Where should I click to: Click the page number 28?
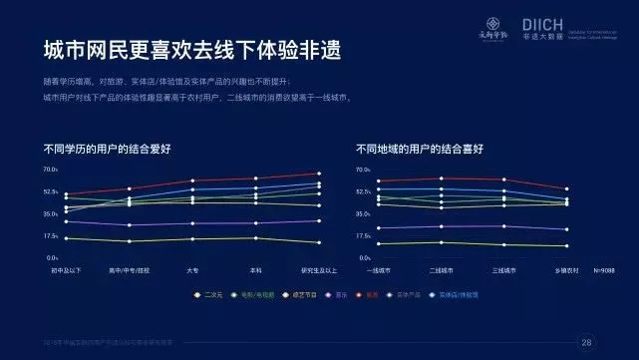[586, 342]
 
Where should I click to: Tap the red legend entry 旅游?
[372, 294]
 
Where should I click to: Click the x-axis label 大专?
[192, 270]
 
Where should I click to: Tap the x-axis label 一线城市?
[378, 270]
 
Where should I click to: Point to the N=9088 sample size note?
[606, 270]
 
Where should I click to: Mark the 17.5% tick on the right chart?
[363, 236]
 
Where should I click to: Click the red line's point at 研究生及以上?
[319, 174]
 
